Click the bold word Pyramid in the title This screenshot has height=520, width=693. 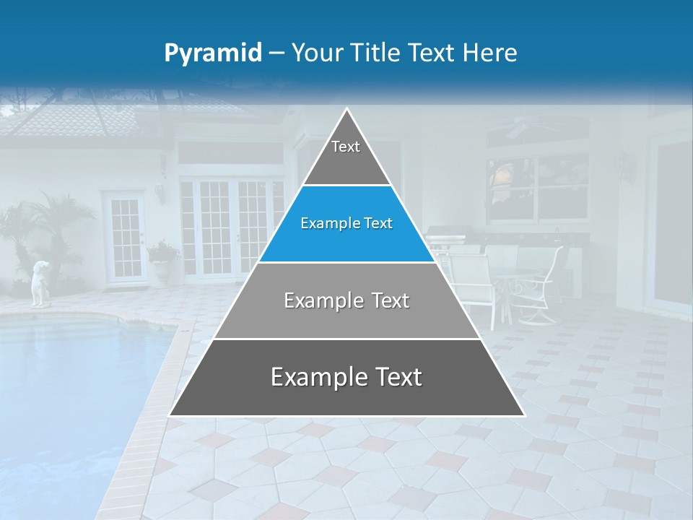pyautogui.click(x=213, y=53)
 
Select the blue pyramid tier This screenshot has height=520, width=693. pyautogui.click(x=346, y=224)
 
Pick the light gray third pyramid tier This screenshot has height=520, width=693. pyautogui.click(x=346, y=300)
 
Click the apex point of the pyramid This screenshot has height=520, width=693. pyautogui.click(x=347, y=110)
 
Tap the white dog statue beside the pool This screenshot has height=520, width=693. pyautogui.click(x=40, y=283)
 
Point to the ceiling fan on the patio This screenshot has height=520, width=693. pyautogui.click(x=517, y=129)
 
